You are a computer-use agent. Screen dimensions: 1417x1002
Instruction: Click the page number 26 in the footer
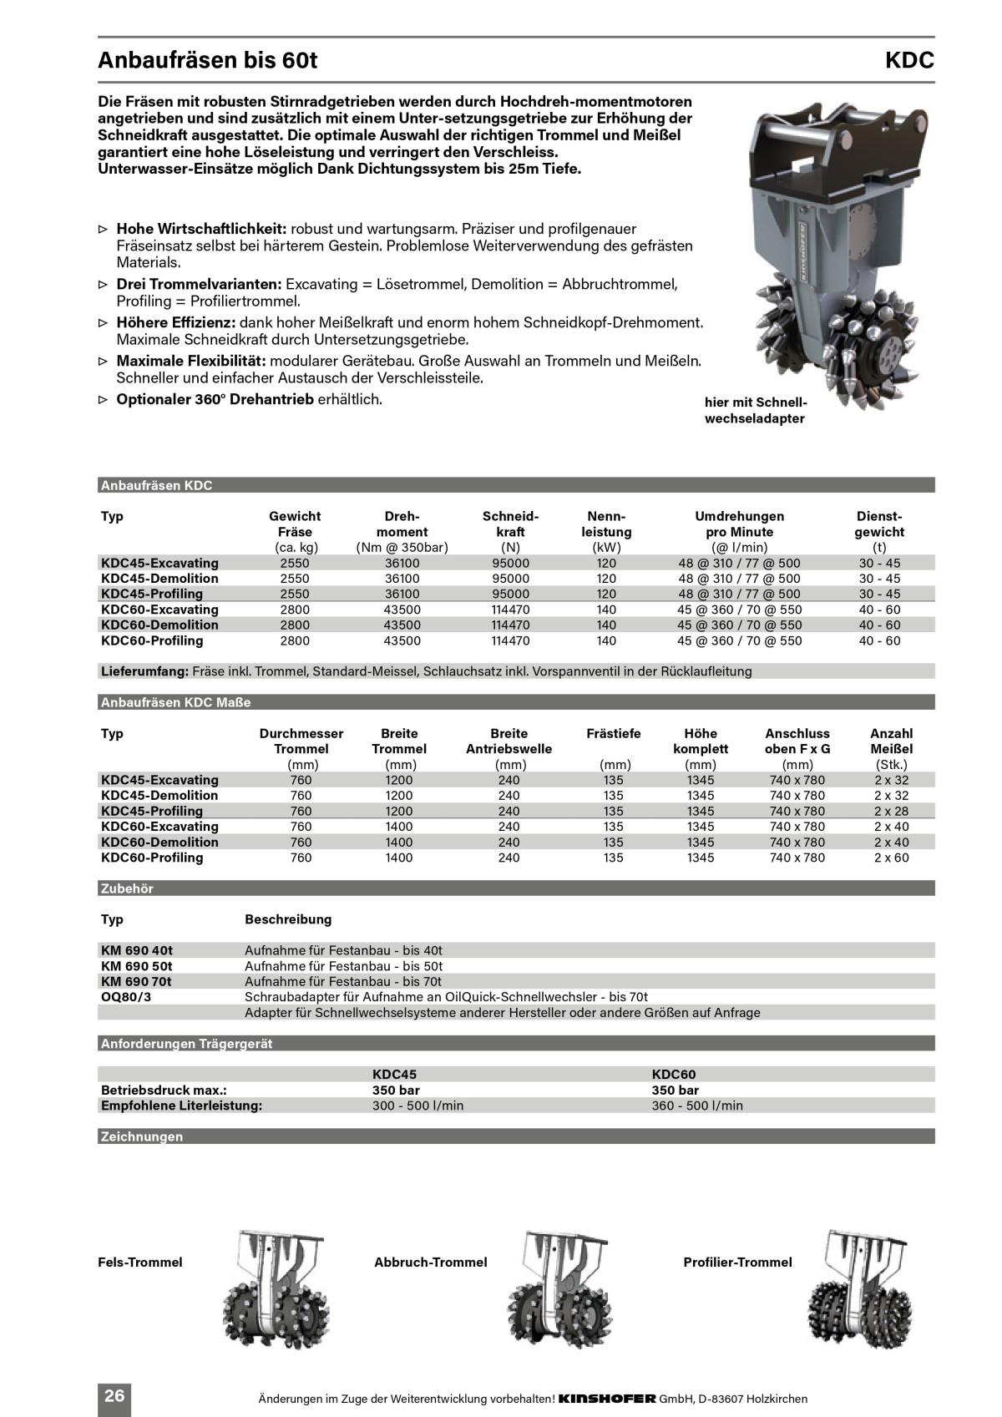[x=114, y=1395]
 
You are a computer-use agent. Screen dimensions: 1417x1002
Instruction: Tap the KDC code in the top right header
[x=909, y=61]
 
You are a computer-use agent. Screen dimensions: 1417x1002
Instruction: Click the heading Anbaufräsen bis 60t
[x=208, y=61]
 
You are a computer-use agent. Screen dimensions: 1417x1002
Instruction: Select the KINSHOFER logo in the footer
[x=606, y=1399]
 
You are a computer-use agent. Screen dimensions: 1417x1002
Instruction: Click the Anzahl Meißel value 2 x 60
[x=891, y=858]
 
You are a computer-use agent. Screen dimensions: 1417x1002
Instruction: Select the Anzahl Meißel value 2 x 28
[x=891, y=811]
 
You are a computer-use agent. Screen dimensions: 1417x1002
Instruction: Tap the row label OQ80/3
[x=126, y=997]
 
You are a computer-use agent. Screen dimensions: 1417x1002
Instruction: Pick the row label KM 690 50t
[x=137, y=966]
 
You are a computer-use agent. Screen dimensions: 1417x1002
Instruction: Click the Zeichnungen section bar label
[x=141, y=1136]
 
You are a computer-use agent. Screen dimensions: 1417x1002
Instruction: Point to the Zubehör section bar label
[x=127, y=888]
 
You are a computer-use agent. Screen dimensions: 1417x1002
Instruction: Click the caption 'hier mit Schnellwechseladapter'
[x=755, y=410]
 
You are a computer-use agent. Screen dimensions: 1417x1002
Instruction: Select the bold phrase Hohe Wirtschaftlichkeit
[x=201, y=229]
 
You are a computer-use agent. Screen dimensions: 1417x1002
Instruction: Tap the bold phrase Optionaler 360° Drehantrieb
[x=215, y=399]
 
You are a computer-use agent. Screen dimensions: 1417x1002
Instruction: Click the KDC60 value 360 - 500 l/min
[x=696, y=1106]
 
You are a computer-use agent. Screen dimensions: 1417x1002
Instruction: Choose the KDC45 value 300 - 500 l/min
[x=417, y=1106]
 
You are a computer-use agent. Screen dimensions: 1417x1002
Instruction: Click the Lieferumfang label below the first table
[x=144, y=671]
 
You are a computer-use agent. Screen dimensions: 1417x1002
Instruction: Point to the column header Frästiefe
[x=614, y=733]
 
